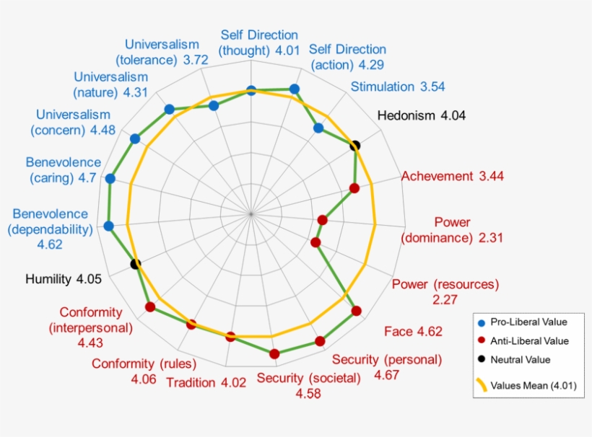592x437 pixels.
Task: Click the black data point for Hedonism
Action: point(354,146)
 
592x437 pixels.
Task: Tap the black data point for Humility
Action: point(135,264)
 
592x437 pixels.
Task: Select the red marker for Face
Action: point(356,312)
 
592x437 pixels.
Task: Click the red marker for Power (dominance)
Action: point(323,220)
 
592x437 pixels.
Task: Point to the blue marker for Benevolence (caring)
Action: point(110,179)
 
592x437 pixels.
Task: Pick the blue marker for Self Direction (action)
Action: point(294,89)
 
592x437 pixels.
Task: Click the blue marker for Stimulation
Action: point(318,128)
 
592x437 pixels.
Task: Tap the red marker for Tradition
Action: point(231,337)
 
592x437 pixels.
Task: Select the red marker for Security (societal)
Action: point(274,353)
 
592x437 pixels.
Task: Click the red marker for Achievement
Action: point(354,189)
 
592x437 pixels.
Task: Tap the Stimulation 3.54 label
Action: point(398,87)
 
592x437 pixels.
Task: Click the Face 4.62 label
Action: point(413,332)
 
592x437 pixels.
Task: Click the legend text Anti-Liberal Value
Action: point(529,341)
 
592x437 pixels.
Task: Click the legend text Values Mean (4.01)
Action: point(534,386)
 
